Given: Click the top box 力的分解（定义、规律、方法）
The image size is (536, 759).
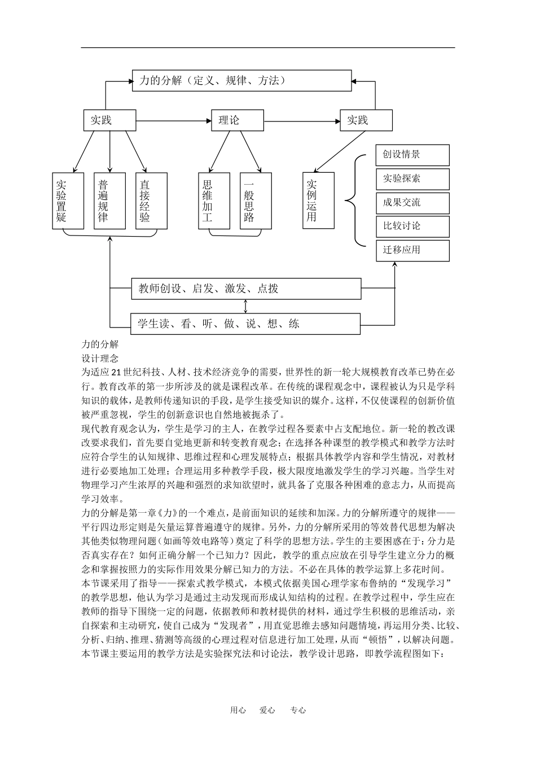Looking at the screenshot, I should tap(241, 80).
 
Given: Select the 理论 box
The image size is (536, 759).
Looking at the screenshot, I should tap(237, 120).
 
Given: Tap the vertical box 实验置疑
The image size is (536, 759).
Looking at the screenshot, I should tap(68, 200).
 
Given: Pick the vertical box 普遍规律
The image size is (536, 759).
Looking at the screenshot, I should tap(109, 200).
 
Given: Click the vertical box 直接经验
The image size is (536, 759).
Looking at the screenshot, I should tap(151, 200).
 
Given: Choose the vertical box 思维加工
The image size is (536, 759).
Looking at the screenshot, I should tap(214, 200).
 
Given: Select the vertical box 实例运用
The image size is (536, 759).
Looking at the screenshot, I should tap(318, 200).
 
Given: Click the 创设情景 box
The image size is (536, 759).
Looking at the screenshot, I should tap(412, 155).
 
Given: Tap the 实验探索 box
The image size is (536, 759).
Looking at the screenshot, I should tap(412, 179).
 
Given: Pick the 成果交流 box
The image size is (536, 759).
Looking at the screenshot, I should tap(412, 203).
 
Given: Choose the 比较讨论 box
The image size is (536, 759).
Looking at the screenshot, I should tap(412, 226).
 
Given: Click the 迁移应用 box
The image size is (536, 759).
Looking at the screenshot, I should tap(412, 250).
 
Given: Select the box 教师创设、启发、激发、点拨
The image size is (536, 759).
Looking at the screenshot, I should tap(246, 289).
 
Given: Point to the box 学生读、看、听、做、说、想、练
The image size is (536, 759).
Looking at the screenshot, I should tap(245, 324).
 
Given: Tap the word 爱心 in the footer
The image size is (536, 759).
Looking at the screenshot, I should tap(267, 710).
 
